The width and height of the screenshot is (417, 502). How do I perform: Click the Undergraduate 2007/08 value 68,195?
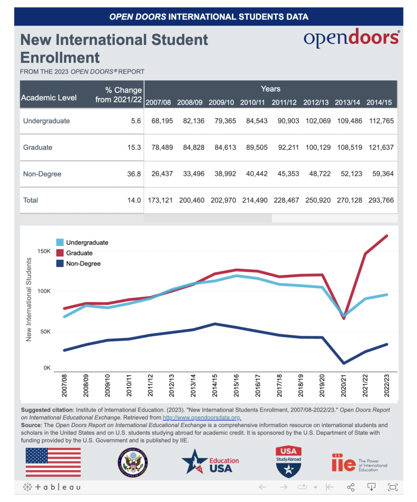click(162, 121)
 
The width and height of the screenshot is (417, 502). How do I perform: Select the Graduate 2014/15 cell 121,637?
click(381, 148)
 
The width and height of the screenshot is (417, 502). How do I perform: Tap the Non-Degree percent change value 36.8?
click(134, 174)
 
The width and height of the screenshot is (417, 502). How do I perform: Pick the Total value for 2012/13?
click(318, 200)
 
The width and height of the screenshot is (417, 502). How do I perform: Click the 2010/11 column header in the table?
click(253, 102)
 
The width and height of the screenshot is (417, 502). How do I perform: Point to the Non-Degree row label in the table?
click(42, 174)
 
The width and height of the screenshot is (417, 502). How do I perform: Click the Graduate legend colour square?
click(60, 253)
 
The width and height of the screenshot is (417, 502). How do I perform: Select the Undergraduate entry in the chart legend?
click(87, 243)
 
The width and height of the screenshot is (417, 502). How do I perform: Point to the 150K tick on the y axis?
click(44, 251)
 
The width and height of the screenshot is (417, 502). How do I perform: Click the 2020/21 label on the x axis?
click(344, 385)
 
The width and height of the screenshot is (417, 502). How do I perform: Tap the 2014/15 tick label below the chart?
click(215, 385)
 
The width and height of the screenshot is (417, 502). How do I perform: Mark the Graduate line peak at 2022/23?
click(387, 236)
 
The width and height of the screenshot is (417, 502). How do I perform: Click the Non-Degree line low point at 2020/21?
click(344, 363)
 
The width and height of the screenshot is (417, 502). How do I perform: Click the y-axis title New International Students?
click(29, 300)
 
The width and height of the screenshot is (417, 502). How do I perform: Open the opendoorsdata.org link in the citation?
click(202, 417)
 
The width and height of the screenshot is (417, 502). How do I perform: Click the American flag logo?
click(53, 462)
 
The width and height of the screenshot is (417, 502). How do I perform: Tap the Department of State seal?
click(133, 463)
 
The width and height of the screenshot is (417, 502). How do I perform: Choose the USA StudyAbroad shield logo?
click(288, 462)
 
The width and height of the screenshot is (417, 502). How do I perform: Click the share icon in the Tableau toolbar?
click(351, 487)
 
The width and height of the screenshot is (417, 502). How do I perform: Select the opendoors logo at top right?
click(351, 38)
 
